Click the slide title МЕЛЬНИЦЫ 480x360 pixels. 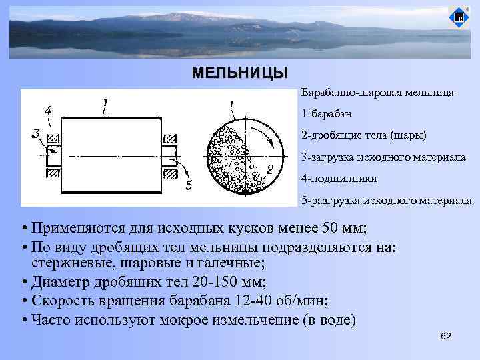pos(239,73)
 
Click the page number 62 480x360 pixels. pos(446,336)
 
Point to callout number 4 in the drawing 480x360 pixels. pos(48,110)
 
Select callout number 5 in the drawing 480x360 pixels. pos(189,185)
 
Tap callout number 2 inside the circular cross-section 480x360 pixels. pos(270,169)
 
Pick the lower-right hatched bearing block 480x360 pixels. pos(171,173)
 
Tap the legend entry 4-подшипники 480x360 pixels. pos(339,179)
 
